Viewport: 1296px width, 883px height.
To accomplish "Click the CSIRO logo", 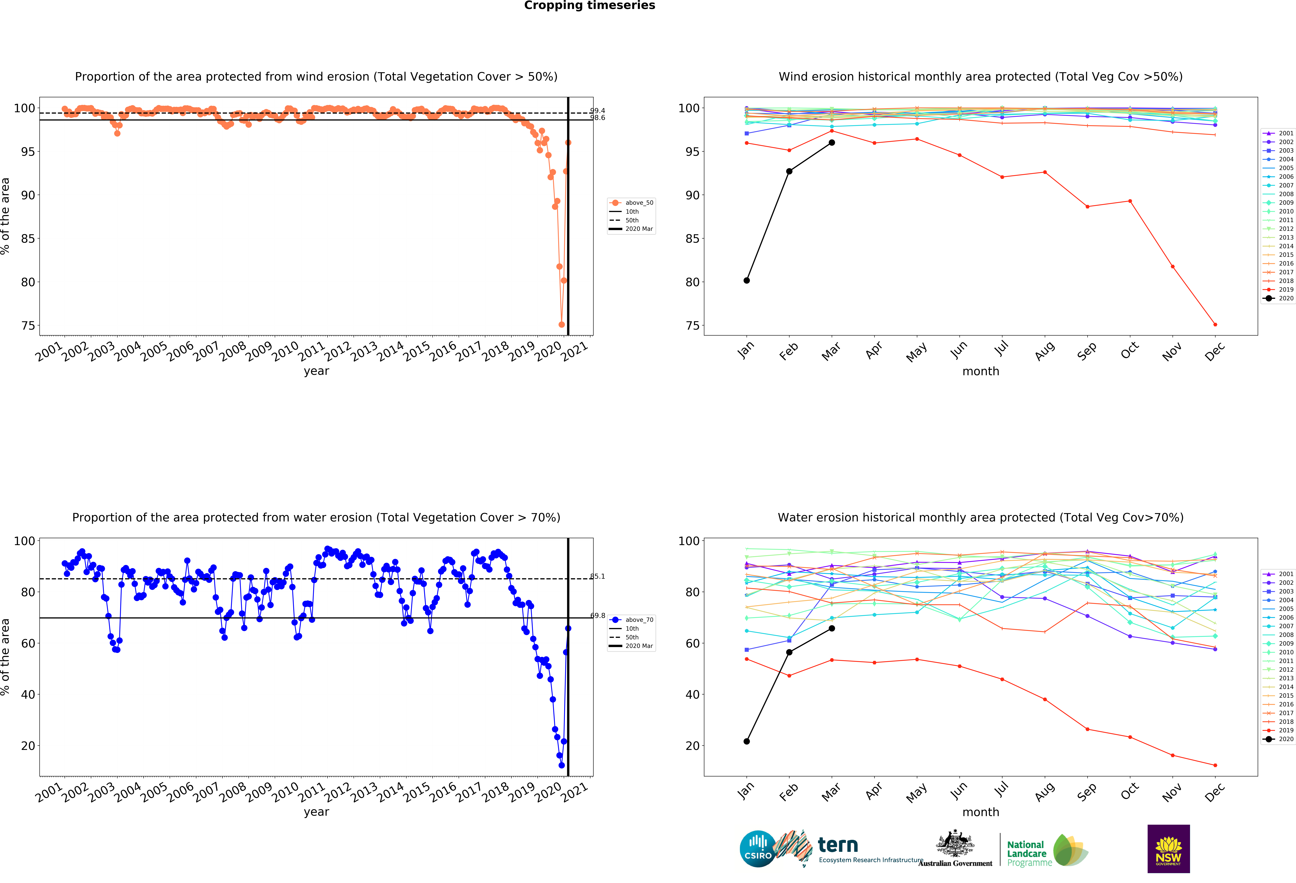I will pyautogui.click(x=757, y=848).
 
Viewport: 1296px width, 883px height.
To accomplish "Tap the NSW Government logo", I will pyautogui.click(x=1168, y=848).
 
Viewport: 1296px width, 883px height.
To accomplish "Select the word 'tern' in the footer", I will pyautogui.click(x=838, y=845).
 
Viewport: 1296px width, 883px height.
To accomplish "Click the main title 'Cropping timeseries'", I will pyautogui.click(x=589, y=6).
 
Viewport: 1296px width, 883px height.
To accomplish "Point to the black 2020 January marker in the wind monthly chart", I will pyautogui.click(x=747, y=280).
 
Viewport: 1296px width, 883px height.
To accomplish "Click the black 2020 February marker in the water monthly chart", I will pyautogui.click(x=789, y=652).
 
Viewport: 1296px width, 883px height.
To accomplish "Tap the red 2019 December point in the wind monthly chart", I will pyautogui.click(x=1215, y=324).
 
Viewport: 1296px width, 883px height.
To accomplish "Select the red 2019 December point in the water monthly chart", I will pyautogui.click(x=1215, y=765).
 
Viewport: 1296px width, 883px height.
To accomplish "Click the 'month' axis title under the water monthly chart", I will pyautogui.click(x=980, y=812).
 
